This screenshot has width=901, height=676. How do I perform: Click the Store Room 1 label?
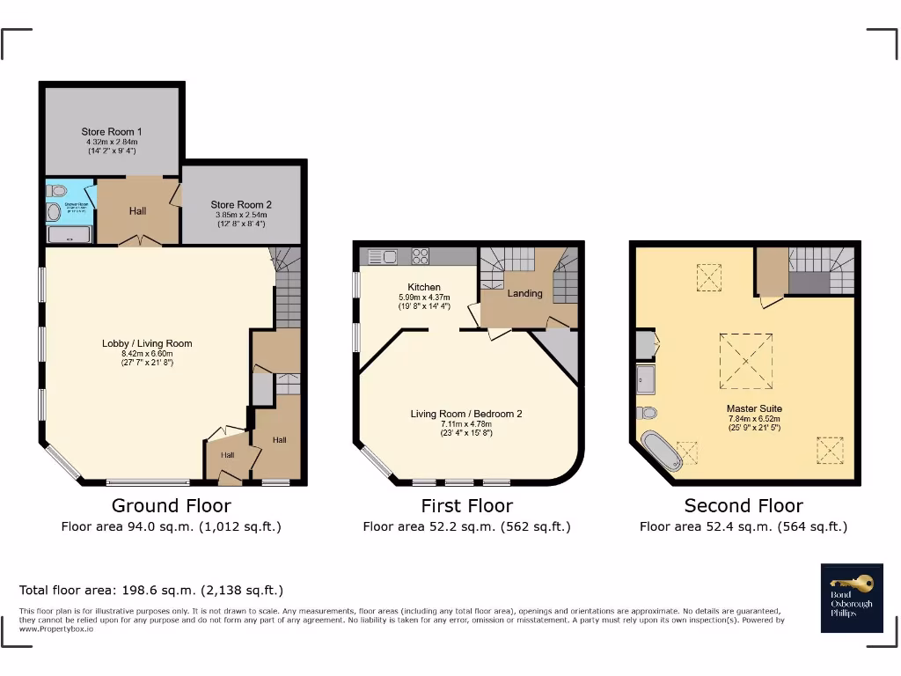[112, 132]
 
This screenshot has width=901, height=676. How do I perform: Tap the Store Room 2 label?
[240, 204]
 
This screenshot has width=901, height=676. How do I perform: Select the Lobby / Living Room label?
[146, 343]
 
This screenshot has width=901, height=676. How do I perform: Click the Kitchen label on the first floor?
[423, 288]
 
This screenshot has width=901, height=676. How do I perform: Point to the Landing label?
[524, 293]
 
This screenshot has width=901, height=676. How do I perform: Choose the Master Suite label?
[754, 408]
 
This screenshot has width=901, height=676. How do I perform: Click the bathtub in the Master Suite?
[661, 451]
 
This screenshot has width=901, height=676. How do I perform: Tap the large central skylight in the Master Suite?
[746, 360]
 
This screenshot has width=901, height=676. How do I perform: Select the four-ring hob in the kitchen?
[421, 257]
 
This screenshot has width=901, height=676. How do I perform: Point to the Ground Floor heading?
[171, 505]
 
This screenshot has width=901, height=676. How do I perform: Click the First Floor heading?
[466, 505]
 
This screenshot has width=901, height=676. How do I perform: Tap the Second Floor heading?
[744, 505]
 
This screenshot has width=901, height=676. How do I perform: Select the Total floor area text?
[151, 590]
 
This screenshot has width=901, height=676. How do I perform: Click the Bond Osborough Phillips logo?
[852, 597]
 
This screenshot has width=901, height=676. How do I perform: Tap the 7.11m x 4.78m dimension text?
[466, 423]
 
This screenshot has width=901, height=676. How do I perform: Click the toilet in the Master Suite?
[648, 412]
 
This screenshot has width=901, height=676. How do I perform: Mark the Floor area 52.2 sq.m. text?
[466, 526]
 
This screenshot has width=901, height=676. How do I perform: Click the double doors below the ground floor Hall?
[139, 240]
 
